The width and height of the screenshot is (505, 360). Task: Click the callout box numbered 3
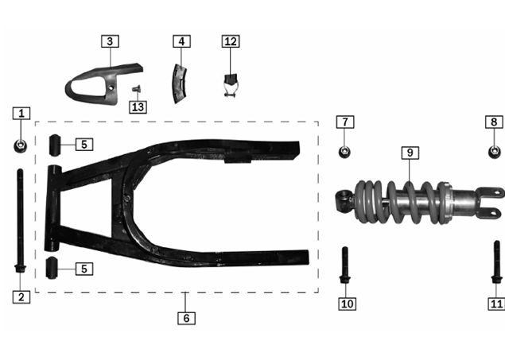tap(110, 41)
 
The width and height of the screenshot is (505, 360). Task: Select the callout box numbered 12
tap(231, 41)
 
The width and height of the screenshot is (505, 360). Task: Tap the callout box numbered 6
tap(186, 318)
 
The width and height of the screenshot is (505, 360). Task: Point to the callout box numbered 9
tap(410, 153)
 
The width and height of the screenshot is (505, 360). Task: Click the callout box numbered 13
tap(138, 106)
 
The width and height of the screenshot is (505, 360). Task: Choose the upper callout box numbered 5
tap(84, 145)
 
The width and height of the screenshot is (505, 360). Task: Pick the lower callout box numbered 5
tap(84, 269)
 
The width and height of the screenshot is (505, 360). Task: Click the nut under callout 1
tap(21, 146)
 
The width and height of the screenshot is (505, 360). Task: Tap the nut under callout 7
tap(344, 152)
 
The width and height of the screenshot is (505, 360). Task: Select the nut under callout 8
tap(495, 152)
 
